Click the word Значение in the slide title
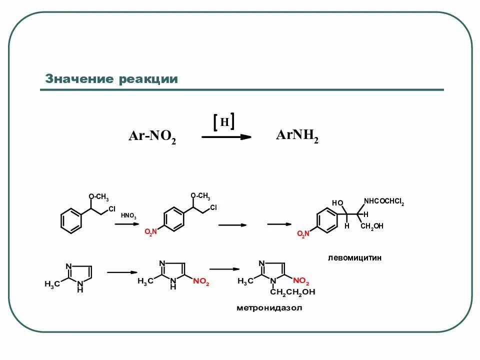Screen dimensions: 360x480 79,79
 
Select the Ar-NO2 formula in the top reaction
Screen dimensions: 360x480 152,136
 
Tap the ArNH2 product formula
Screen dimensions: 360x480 297,135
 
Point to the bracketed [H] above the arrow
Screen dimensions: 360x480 224,122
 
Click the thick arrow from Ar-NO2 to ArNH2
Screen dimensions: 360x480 226,136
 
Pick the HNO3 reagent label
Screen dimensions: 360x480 128,216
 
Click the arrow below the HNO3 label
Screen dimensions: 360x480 126,225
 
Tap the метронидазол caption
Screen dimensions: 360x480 269,308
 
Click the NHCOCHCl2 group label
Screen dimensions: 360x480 383,201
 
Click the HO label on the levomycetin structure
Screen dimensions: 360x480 338,202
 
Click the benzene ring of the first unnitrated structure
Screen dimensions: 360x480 71,221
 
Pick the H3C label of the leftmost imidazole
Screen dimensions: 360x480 52,284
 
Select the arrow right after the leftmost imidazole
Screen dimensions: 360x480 122,272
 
